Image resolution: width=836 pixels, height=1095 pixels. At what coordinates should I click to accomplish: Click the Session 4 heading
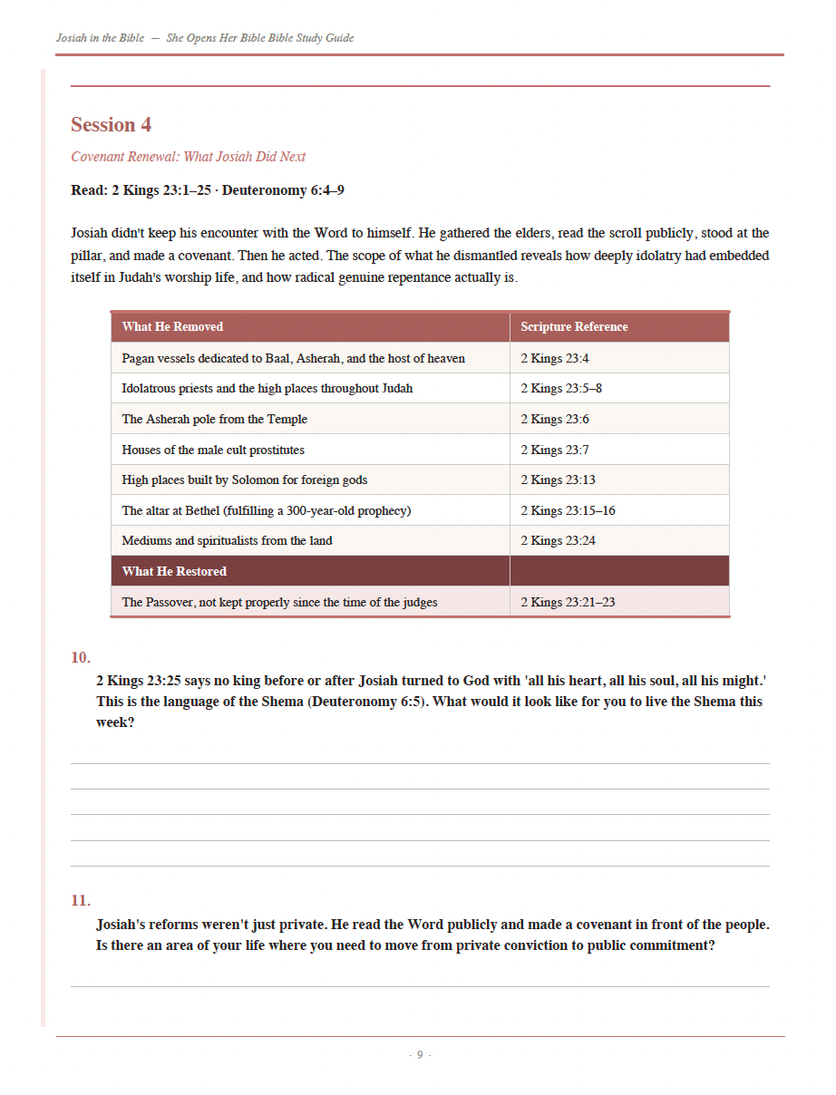pos(111,125)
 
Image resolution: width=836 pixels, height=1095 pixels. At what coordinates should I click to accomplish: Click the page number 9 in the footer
pos(419,1054)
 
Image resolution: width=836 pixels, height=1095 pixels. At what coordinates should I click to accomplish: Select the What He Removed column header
pos(172,326)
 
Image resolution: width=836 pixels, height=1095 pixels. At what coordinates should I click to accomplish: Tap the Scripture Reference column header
pos(574,326)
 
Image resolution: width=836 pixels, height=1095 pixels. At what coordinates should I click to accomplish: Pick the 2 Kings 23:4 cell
pos(554,358)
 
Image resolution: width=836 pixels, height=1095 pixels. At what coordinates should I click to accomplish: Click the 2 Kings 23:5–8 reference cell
pos(560,388)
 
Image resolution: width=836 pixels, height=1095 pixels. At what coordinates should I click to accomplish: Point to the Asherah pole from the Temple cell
pos(214,419)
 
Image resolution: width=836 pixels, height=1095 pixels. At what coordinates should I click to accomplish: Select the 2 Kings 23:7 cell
pos(554,450)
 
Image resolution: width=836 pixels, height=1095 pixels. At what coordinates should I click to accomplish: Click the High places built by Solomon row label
pos(244,480)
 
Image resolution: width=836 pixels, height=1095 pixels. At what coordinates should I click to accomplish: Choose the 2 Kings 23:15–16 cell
pos(568,510)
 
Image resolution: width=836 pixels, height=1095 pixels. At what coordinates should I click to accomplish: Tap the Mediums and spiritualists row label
pos(227,540)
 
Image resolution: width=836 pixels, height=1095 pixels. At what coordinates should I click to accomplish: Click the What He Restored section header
pos(174,571)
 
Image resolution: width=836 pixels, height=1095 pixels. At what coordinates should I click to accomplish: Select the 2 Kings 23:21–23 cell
pos(568,602)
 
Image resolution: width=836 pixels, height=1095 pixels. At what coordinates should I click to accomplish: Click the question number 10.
pos(81,657)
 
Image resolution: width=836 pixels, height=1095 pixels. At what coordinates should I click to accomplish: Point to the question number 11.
pos(81,900)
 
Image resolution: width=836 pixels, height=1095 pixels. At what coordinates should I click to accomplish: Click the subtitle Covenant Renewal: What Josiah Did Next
pos(188,157)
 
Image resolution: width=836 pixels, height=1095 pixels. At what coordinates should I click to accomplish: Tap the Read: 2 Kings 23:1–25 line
pos(207,190)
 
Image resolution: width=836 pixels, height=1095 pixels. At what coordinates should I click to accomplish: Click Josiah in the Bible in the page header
pos(100,38)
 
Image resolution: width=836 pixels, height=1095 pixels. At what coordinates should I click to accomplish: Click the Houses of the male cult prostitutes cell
pos(213,450)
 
